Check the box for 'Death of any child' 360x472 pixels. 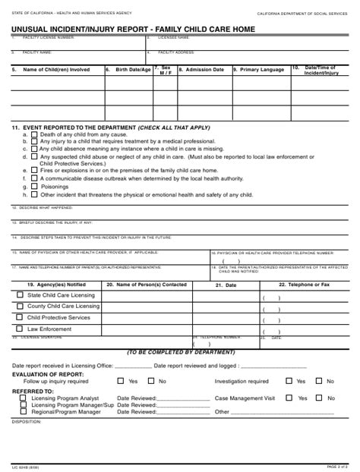tap(35, 134)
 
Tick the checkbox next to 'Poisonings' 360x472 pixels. tap(35, 186)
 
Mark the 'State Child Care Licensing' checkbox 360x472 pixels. tap(20, 294)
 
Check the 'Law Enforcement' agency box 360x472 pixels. tap(20, 329)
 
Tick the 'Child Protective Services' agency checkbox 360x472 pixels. tap(20, 317)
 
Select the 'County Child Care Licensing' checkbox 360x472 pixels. tap(20, 306)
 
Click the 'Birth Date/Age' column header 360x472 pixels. tap(129, 69)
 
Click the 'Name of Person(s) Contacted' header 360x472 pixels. tap(147, 284)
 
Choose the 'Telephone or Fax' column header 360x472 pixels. tap(304, 284)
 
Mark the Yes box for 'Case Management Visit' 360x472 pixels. tap(289, 398)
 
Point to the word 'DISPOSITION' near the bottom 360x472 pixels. tap(27, 420)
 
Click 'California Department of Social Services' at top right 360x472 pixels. tap(302, 14)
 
